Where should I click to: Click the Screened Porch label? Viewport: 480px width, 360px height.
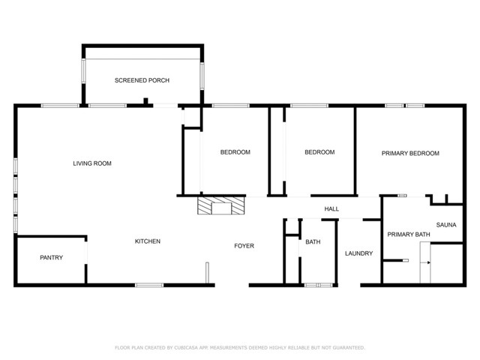coord(142,80)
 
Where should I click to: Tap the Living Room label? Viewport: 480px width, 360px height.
coord(92,163)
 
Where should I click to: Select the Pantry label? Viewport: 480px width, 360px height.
coord(51,258)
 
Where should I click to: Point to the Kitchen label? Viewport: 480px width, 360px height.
coord(147,241)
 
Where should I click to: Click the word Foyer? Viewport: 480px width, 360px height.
coord(244,246)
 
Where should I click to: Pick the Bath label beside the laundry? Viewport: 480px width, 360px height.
coord(313,241)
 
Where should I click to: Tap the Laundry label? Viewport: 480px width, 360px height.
coord(358,253)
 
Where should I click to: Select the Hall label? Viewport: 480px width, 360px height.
coord(331,208)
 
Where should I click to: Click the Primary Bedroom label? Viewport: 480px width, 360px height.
coord(410,153)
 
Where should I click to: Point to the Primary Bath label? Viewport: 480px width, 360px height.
coord(409,235)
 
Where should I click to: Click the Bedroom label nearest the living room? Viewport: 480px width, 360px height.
coord(235,152)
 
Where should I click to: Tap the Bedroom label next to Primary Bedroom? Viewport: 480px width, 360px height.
coord(319,152)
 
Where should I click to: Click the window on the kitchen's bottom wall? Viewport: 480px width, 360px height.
coord(149,285)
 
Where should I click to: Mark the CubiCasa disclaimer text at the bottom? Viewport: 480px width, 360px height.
coord(240,347)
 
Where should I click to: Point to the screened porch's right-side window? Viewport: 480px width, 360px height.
coord(202,76)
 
